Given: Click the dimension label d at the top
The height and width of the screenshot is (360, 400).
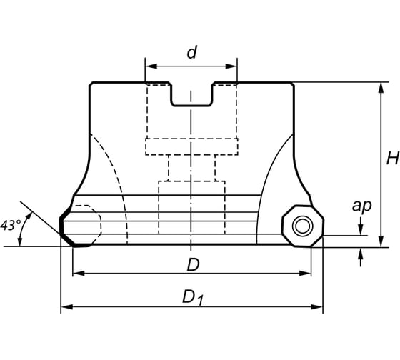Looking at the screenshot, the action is point(192,52).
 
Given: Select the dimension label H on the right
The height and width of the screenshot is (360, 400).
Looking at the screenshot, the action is point(393,158).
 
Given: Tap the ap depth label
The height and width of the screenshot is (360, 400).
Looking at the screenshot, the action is point(361,206).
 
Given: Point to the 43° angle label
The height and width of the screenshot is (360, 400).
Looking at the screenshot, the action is point(11,225).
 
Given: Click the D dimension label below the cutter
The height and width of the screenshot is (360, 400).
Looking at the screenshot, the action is point(193,264).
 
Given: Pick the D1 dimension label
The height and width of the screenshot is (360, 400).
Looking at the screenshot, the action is point(193,299).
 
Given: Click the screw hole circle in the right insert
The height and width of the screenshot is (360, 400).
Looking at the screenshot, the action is point(303,226).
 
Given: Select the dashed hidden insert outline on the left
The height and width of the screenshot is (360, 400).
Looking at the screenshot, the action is point(86,224).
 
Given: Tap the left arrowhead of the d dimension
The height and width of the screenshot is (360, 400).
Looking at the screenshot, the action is point(151,66).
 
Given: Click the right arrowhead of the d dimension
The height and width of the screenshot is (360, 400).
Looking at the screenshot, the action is point(231,66).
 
